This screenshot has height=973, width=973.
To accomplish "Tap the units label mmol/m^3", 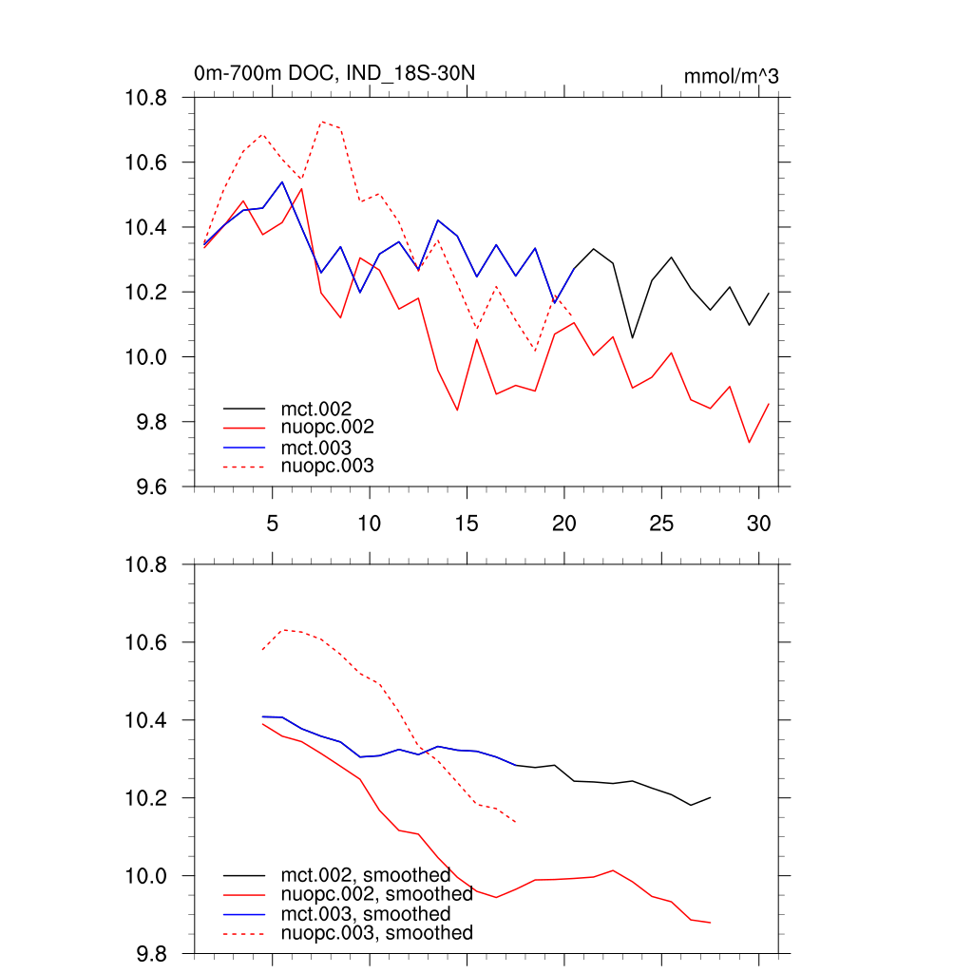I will click(x=731, y=76).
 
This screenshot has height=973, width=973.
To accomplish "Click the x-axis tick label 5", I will click(x=272, y=523).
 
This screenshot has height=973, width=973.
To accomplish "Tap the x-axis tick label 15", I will click(x=467, y=523).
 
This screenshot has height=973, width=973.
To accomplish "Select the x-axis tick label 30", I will click(x=757, y=523).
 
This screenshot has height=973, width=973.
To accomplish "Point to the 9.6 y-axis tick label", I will click(x=147, y=486).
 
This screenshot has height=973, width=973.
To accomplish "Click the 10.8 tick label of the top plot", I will click(x=147, y=98).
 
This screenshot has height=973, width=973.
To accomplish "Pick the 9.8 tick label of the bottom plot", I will click(x=147, y=953).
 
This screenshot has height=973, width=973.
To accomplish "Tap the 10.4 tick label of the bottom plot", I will click(x=147, y=720).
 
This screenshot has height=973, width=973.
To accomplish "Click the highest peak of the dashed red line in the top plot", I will click(x=322, y=122).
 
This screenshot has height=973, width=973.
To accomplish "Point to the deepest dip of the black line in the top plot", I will click(x=633, y=337).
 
